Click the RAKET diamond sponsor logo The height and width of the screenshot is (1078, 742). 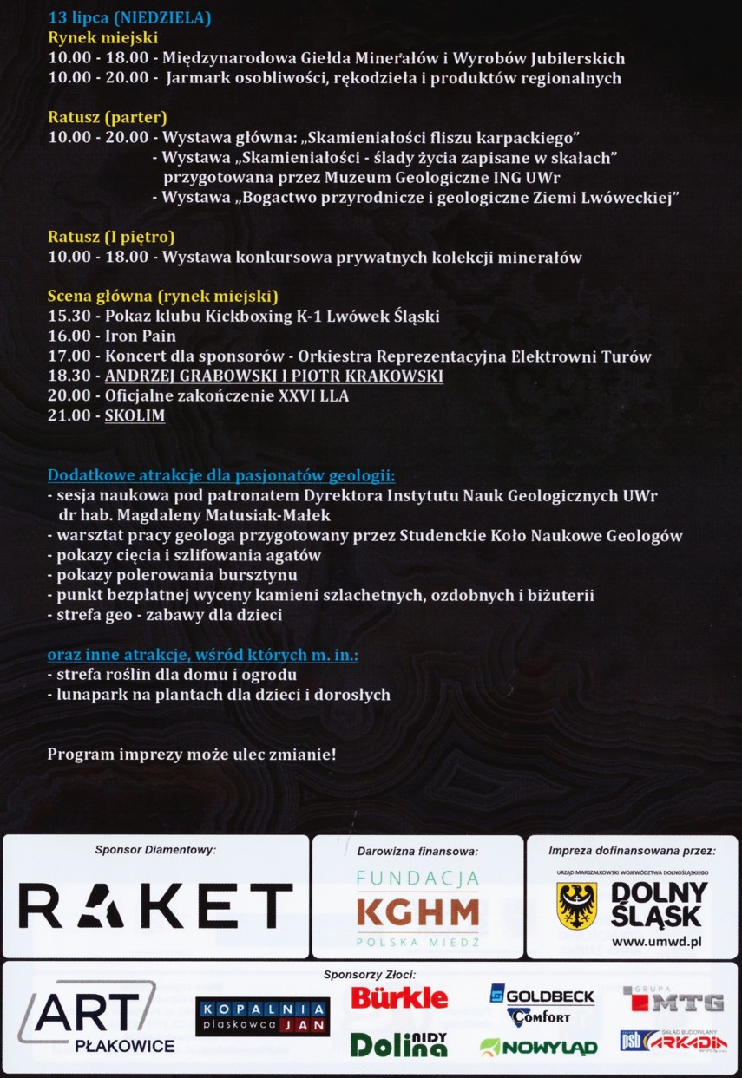click(156, 905)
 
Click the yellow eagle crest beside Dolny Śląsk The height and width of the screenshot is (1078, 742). click(577, 906)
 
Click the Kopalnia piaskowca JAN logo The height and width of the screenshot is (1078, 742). click(262, 1016)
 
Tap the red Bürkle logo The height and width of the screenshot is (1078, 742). click(399, 997)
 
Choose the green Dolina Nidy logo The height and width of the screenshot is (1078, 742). click(398, 1044)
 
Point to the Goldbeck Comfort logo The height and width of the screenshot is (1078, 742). click(542, 1003)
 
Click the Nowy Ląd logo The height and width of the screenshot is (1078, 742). click(538, 1048)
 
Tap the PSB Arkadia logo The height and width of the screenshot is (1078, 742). click(673, 1042)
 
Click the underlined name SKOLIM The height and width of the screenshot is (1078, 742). click(135, 415)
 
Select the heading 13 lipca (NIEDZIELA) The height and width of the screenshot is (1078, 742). click(129, 17)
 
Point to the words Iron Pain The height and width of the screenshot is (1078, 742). click(141, 336)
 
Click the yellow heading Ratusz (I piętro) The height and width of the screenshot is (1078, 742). click(111, 237)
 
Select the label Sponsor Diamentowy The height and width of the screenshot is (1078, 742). click(155, 850)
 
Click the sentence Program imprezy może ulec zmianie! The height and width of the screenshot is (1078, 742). click(191, 755)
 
